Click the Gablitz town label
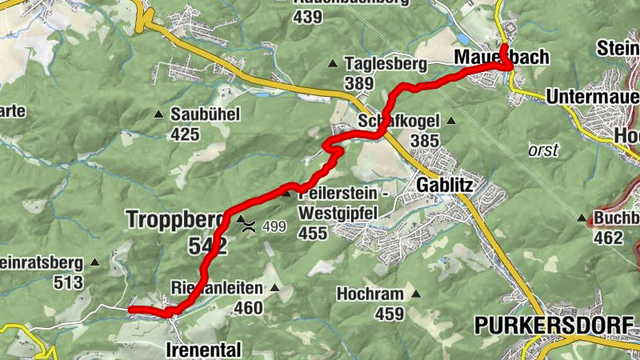(x=446, y=186)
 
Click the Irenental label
(x=203, y=350)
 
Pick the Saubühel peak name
(x=205, y=114)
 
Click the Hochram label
(x=370, y=294)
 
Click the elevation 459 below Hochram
(x=390, y=314)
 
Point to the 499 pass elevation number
(x=274, y=226)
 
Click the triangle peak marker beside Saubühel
(x=158, y=114)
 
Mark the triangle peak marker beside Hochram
(x=415, y=294)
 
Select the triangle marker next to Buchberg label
(x=582, y=218)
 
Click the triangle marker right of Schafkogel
(x=451, y=122)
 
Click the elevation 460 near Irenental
(x=248, y=306)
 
